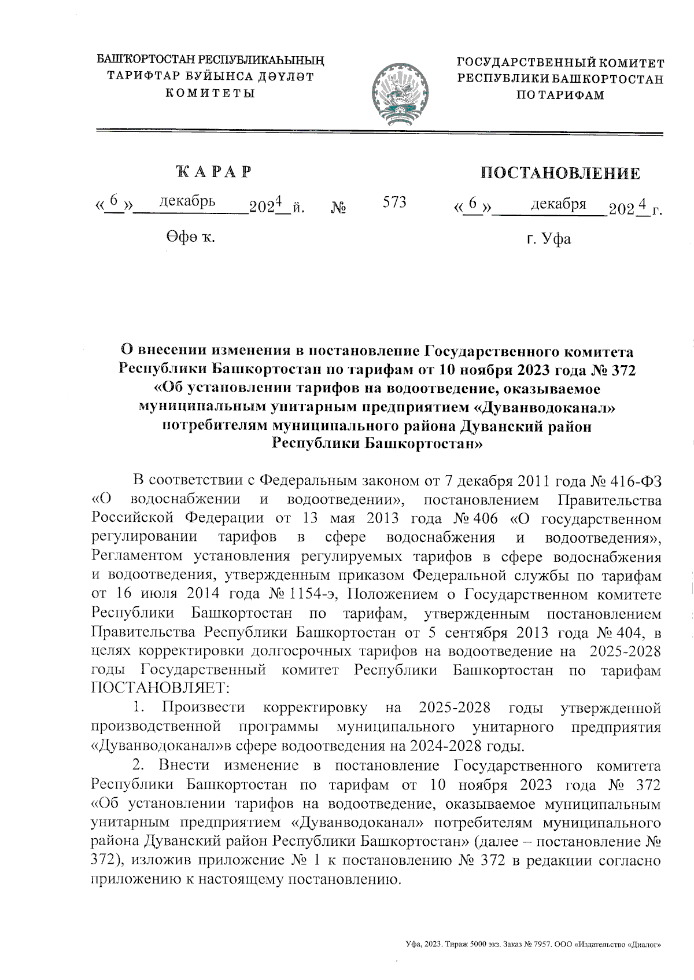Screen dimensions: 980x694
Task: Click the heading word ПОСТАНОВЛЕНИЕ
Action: click(x=560, y=173)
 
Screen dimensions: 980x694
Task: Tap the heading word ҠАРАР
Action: click(x=214, y=172)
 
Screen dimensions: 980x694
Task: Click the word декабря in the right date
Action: click(x=558, y=204)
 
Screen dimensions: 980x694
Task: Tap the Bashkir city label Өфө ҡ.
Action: click(x=189, y=236)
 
